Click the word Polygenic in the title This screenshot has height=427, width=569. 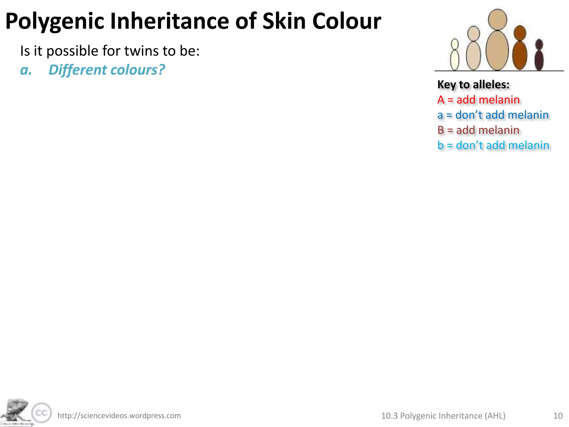[55, 22]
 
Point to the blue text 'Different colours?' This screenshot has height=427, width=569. [107, 69]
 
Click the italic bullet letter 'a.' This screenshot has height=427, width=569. [26, 70]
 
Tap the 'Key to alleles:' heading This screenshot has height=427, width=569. [473, 85]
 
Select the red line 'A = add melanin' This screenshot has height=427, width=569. [478, 100]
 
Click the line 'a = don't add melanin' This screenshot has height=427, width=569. [493, 115]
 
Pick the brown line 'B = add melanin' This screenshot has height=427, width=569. [478, 130]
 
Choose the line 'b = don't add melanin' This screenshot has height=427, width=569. [493, 145]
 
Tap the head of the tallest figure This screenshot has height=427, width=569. [497, 19]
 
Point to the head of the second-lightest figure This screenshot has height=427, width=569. [473, 33]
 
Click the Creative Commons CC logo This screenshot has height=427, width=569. [41, 413]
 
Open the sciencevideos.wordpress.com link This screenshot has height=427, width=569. [119, 416]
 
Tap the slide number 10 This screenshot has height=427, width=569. [558, 416]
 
